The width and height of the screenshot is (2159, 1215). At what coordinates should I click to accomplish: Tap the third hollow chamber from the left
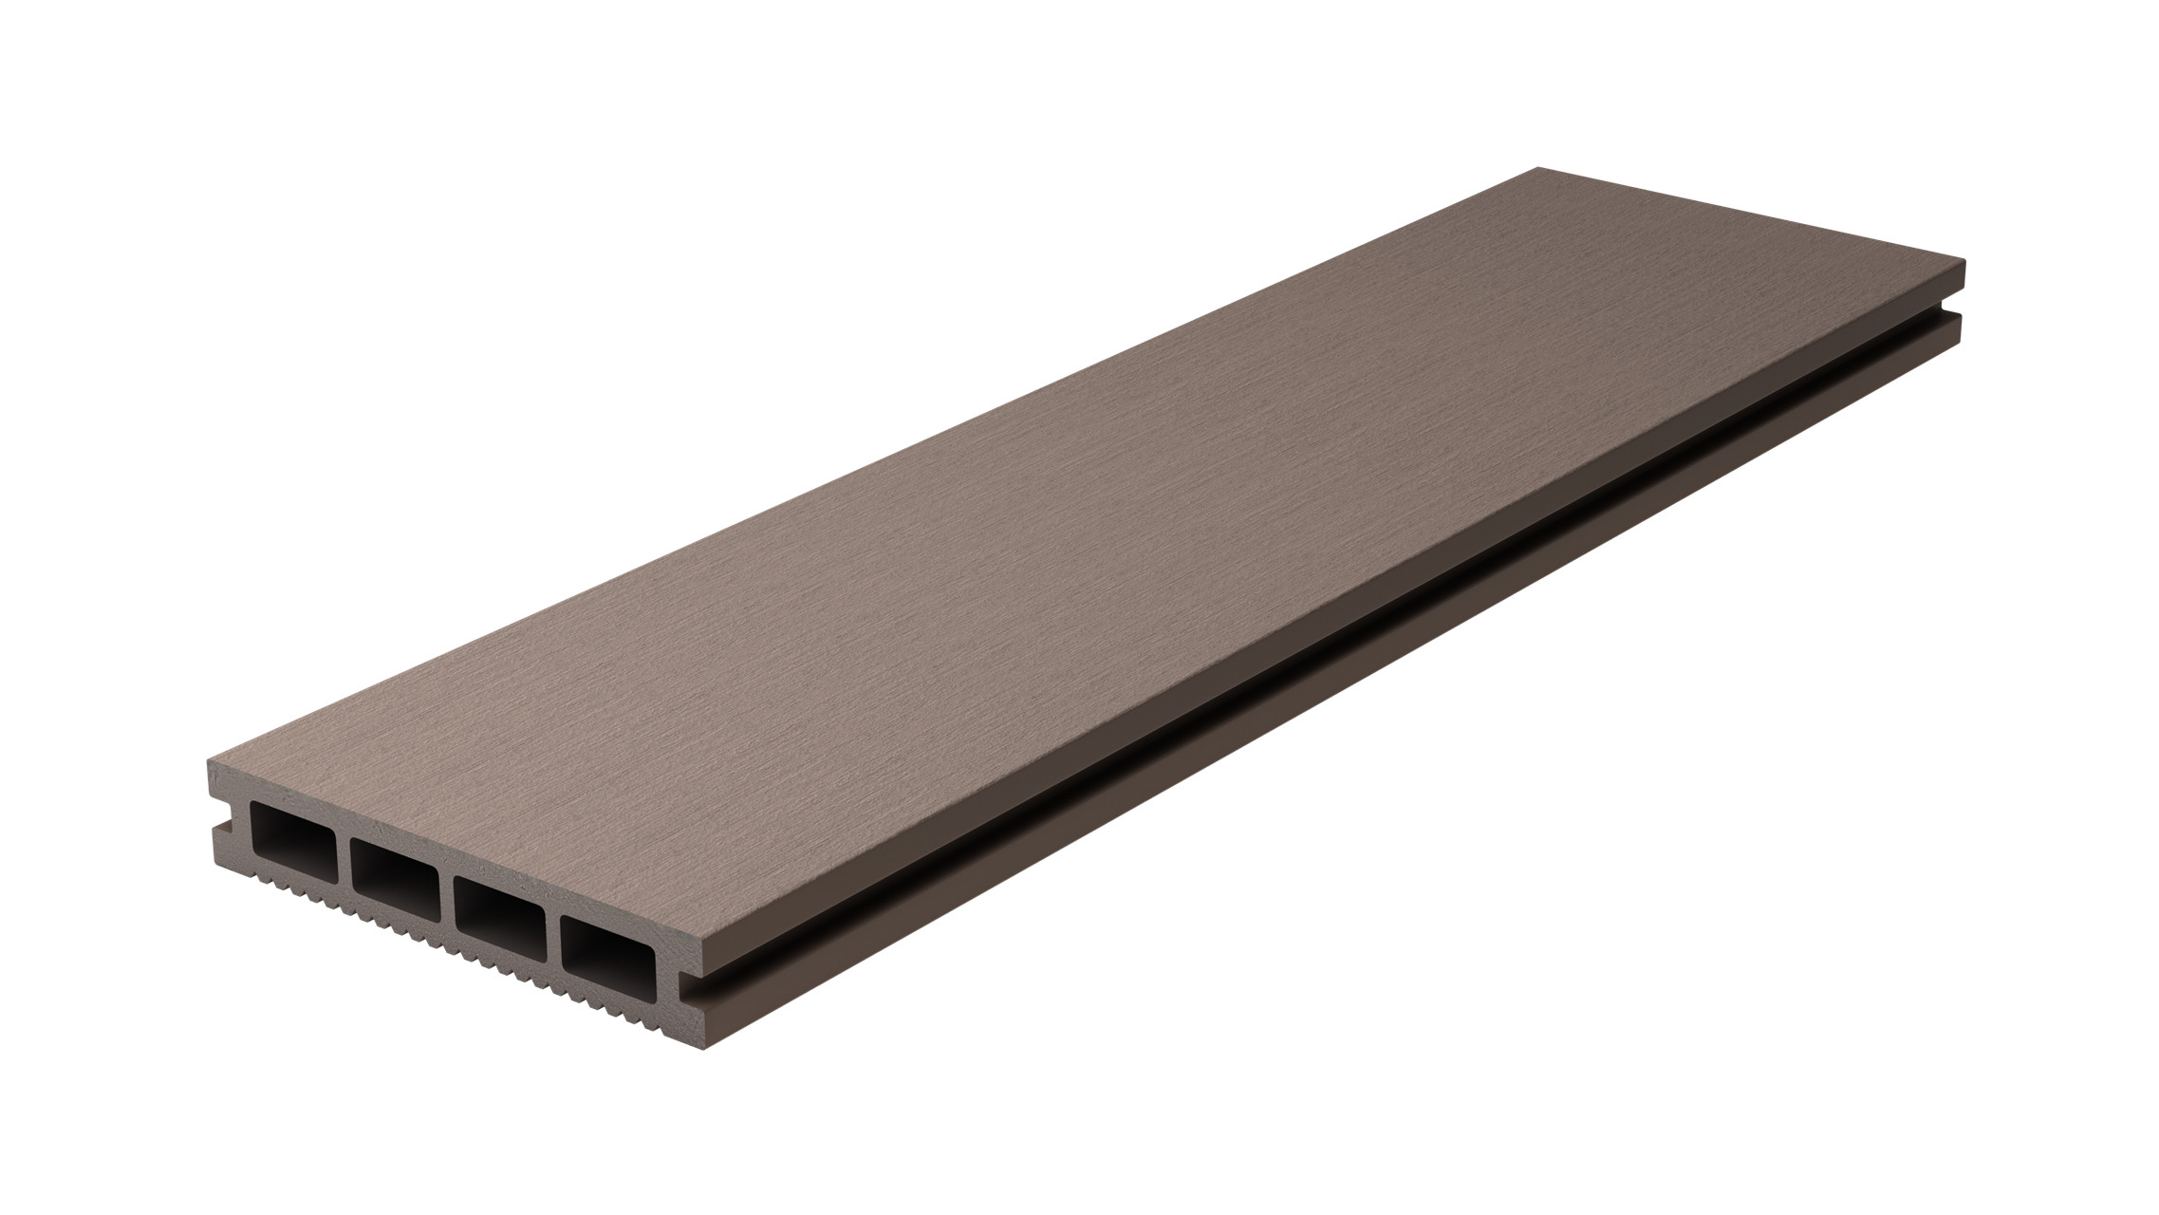[498, 904]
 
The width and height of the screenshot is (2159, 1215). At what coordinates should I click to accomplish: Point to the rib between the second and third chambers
[446, 887]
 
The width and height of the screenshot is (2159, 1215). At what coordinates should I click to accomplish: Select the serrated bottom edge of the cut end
[427, 935]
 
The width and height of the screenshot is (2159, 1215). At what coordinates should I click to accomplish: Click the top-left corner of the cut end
[209, 763]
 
